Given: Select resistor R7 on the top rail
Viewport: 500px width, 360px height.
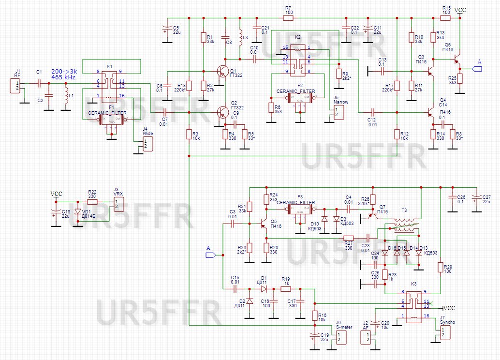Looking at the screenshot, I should pyautogui.click(x=288, y=18).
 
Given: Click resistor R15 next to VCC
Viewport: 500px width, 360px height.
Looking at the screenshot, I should pyautogui.click(x=446, y=18).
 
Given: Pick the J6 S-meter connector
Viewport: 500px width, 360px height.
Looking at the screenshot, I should pyautogui.click(x=341, y=337).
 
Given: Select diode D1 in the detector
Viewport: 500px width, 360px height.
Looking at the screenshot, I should pyautogui.click(x=264, y=289).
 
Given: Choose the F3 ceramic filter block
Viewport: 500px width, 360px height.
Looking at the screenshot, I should pyautogui.click(x=300, y=210).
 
